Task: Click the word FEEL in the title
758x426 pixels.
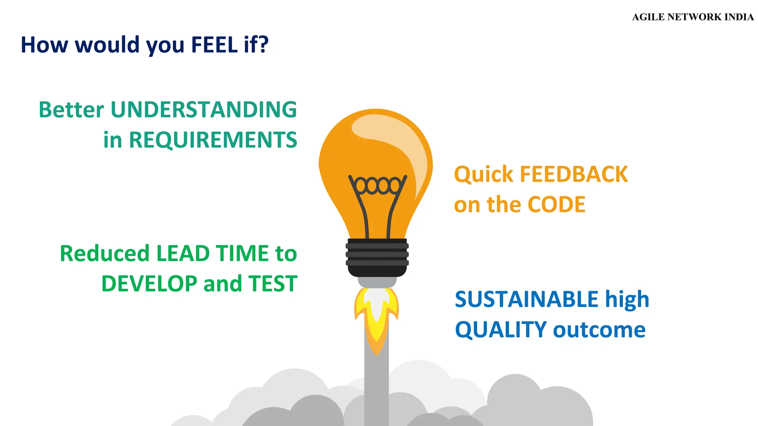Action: click(x=214, y=45)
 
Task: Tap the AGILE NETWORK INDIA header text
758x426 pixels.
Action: click(x=692, y=17)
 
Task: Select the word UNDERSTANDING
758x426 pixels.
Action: click(x=204, y=110)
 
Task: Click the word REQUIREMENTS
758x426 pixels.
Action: click(x=213, y=140)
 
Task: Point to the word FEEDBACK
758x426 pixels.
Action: click(x=574, y=175)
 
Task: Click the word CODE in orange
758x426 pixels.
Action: click(x=556, y=205)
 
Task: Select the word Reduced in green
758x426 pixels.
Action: click(x=104, y=254)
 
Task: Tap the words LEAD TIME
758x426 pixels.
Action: click(x=212, y=254)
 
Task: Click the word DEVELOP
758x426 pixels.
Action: click(x=149, y=284)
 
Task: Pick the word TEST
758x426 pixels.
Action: click(x=273, y=284)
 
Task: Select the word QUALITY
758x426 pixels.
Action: click(x=501, y=330)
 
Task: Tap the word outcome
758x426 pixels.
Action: click(x=599, y=330)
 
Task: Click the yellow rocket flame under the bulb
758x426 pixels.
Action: click(x=376, y=325)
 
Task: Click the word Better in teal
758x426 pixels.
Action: click(x=71, y=110)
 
